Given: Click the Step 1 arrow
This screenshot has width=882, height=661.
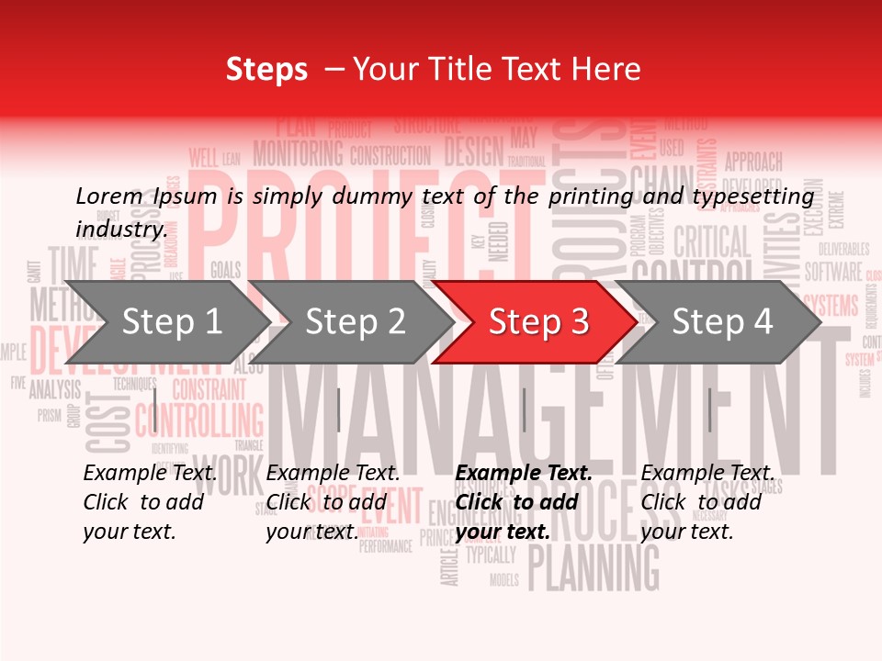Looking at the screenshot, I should (x=165, y=322).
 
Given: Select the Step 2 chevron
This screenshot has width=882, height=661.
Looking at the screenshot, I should (x=349, y=322).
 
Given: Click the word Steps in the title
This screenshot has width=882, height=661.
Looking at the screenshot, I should (x=266, y=69).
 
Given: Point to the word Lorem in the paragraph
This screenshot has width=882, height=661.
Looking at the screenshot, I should (x=109, y=196).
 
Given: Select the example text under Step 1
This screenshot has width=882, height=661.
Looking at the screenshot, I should (x=150, y=502).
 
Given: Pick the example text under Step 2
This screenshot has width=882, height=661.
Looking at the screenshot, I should (x=333, y=502).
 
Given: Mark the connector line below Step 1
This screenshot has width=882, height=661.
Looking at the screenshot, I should (x=155, y=409).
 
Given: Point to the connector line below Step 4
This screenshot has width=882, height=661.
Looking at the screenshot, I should (x=709, y=409).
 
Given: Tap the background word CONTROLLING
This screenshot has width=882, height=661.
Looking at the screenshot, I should (x=198, y=421).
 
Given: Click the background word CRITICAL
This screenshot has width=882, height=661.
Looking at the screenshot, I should (x=712, y=243).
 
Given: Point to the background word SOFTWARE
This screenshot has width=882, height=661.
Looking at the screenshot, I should (x=833, y=272).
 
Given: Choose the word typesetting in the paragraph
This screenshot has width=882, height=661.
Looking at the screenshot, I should (x=758, y=196).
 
